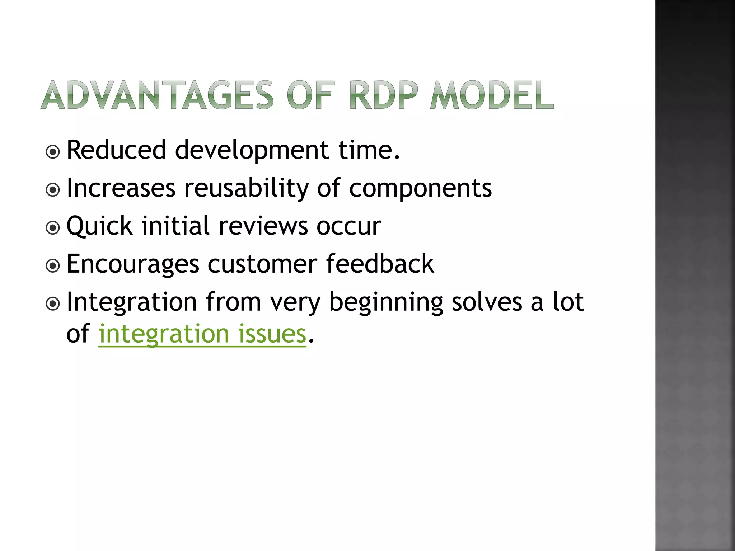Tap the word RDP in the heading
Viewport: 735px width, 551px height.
384,95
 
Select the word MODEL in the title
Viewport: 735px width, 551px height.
492,95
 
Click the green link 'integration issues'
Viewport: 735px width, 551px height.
202,334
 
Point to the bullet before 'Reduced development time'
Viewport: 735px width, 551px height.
53,152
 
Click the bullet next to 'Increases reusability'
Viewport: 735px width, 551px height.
53,190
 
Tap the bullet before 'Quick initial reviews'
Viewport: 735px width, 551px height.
53,228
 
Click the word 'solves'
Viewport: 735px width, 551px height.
487,302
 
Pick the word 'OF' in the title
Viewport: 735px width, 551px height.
311,95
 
